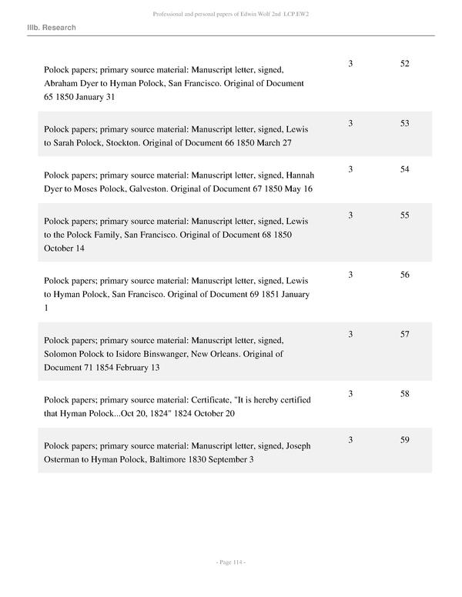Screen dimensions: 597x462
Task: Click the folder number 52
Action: pyautogui.click(x=405, y=64)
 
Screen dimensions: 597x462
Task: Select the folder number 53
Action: pyautogui.click(x=405, y=123)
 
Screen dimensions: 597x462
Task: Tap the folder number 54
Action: pyautogui.click(x=405, y=169)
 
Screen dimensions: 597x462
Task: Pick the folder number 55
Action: pyautogui.click(x=405, y=215)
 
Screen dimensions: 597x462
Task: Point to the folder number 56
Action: pyautogui.click(x=405, y=275)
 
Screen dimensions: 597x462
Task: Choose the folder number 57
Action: pyautogui.click(x=405, y=334)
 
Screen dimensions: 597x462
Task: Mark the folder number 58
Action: pyautogui.click(x=405, y=394)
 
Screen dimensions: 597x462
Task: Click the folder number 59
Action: pyautogui.click(x=405, y=440)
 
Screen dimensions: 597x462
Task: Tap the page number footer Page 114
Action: pyautogui.click(x=230, y=563)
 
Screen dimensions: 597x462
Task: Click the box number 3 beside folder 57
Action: pyautogui.click(x=350, y=334)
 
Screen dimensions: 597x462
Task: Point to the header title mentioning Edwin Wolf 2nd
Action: pyautogui.click(x=230, y=14)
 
